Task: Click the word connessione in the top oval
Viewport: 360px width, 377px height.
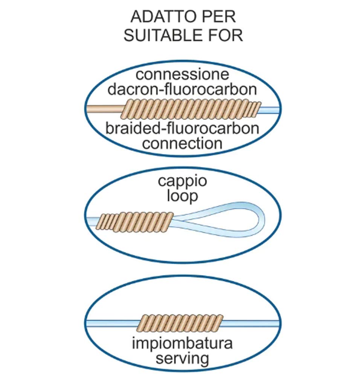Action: tap(182, 74)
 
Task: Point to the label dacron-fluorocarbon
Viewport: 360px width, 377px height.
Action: tap(182, 89)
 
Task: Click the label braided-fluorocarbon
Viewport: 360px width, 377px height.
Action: tap(182, 128)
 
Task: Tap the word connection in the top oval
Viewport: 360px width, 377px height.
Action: tap(182, 144)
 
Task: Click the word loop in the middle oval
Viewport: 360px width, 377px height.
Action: tap(182, 196)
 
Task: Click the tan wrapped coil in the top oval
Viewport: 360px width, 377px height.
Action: tap(191, 109)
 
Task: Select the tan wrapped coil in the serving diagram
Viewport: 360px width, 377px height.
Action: tap(180, 323)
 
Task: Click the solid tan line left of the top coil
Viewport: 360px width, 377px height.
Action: tap(105, 109)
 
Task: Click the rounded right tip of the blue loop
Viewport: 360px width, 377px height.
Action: tap(265, 219)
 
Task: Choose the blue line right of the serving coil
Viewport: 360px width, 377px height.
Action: tap(250, 323)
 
